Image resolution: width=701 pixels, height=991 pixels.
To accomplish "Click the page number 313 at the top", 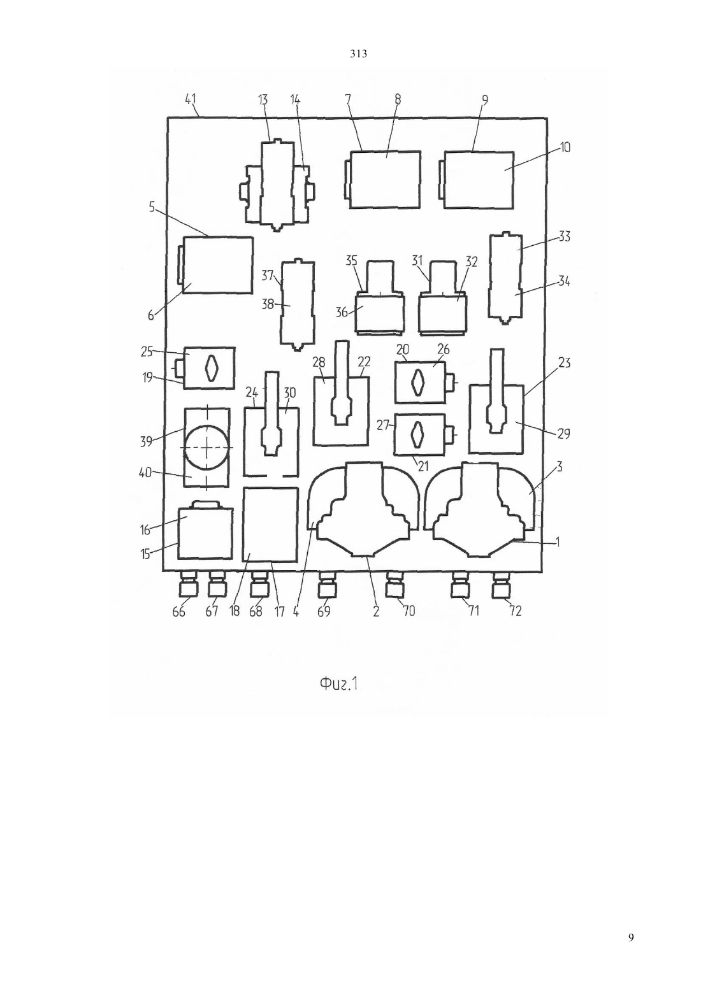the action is (358, 54).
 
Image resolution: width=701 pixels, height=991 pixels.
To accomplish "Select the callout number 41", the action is (191, 99).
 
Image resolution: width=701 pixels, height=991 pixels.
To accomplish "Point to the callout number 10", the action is (564, 147).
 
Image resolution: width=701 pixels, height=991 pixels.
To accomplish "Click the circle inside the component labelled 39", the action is (207, 447).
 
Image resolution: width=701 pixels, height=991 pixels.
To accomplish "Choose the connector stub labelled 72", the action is (502, 583).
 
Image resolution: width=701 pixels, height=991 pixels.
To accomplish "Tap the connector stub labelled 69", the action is (328, 583).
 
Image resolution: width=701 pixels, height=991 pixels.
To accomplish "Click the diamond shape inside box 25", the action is (212, 367).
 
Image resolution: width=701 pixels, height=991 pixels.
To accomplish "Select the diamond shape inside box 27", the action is (417, 434).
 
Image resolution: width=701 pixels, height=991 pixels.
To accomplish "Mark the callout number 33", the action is (564, 237).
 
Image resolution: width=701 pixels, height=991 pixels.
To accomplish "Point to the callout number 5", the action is (152, 207).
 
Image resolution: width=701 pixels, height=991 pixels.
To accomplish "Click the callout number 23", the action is (564, 363).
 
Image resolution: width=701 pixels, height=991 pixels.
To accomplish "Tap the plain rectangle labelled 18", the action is (271, 525).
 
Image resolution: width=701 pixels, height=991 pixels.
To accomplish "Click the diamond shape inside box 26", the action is (417, 381).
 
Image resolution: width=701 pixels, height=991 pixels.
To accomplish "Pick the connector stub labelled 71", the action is (460, 583).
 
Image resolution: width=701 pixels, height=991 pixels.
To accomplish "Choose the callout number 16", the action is (145, 529).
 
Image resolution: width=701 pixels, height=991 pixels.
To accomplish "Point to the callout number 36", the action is (342, 312).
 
